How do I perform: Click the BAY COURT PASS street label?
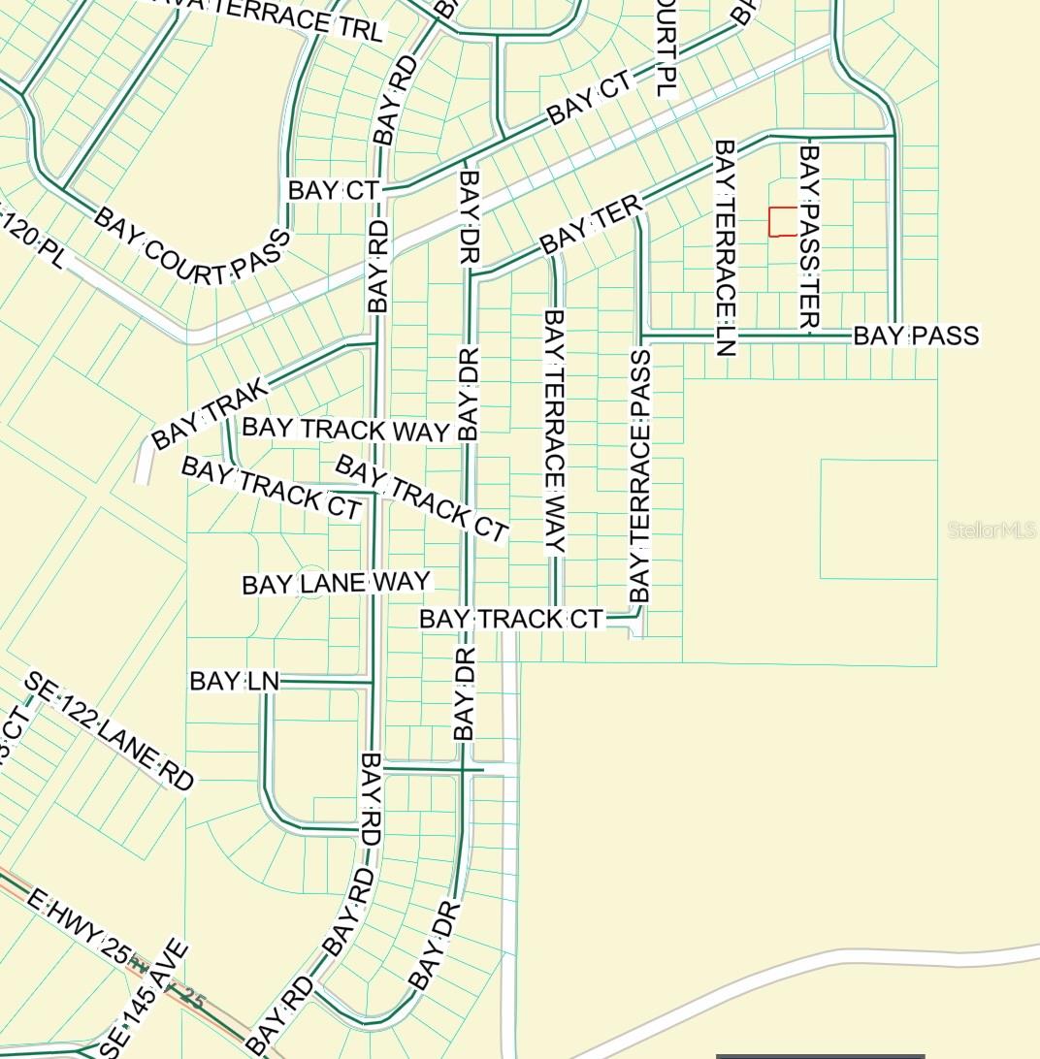[192, 246]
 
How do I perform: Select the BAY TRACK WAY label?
[345, 430]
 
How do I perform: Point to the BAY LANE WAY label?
[336, 584]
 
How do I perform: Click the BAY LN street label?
[234, 682]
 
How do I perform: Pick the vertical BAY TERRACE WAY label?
[554, 431]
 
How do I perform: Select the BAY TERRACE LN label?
[725, 247]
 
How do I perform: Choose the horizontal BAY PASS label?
[916, 337]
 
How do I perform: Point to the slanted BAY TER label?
[592, 224]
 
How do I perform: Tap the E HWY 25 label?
[78, 929]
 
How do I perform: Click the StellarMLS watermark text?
[991, 530]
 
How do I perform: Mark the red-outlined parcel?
[782, 221]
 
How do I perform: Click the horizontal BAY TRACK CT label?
[510, 619]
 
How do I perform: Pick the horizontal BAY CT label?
[332, 191]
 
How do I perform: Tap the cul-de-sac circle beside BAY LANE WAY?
[310, 582]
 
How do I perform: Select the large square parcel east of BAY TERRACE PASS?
[878, 519]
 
